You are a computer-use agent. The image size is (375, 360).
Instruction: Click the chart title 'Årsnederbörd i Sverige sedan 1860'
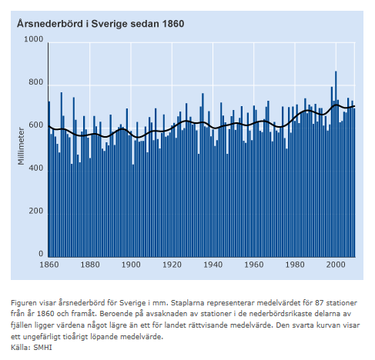(100, 24)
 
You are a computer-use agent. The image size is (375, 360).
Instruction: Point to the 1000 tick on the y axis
(33, 39)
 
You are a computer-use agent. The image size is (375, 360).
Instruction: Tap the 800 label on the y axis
(35, 82)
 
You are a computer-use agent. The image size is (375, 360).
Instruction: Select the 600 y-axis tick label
(35, 125)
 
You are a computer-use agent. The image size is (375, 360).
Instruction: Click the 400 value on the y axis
(35, 168)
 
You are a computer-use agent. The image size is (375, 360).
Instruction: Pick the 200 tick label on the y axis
(35, 211)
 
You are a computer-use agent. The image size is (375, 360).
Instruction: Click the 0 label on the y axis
(41, 254)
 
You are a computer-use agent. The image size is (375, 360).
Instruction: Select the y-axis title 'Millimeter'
(21, 146)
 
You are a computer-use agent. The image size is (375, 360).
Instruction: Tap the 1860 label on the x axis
(49, 265)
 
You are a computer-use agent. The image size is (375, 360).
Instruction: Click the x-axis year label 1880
(90, 265)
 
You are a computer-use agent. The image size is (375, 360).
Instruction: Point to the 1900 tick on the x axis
(131, 265)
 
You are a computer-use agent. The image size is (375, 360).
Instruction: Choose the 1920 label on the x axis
(172, 265)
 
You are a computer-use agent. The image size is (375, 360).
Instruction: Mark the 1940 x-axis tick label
(213, 265)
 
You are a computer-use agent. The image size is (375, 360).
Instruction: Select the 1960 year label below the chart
(254, 265)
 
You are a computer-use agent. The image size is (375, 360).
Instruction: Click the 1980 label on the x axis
(295, 265)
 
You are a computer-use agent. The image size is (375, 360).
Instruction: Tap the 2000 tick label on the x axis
(336, 265)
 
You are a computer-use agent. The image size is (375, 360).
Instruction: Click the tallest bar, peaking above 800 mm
(336, 164)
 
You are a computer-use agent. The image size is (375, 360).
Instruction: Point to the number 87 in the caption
(320, 303)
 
